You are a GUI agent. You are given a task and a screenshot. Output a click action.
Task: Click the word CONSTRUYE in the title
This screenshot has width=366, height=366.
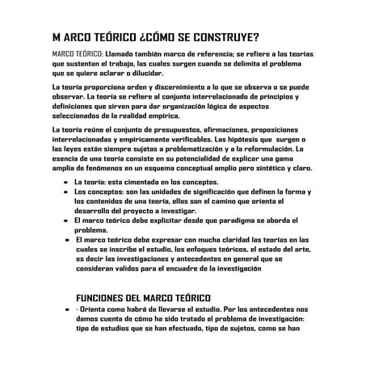221,38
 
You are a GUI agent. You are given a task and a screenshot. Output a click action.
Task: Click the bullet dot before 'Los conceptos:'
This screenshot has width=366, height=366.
64,193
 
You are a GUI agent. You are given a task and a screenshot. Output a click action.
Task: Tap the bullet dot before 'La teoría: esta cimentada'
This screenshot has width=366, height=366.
64,183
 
